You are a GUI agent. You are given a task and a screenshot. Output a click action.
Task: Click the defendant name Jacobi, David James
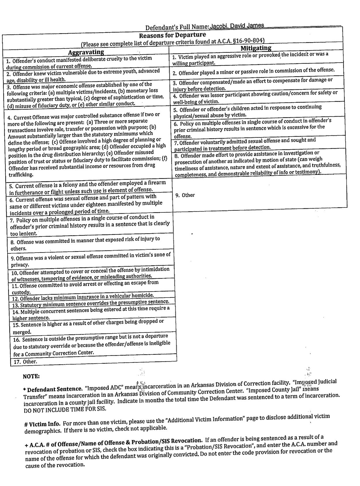point(237,26)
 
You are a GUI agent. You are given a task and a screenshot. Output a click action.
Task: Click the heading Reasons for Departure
point(172,35)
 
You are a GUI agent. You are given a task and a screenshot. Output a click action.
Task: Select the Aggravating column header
point(86,52)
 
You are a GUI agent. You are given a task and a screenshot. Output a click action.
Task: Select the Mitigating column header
point(256,48)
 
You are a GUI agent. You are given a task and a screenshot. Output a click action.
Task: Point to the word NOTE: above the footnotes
point(31,376)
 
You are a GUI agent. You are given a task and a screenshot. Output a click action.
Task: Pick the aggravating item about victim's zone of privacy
point(91,259)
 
